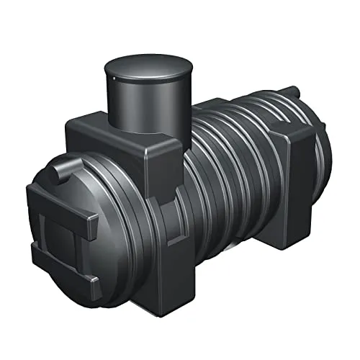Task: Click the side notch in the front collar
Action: click(x=170, y=209)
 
